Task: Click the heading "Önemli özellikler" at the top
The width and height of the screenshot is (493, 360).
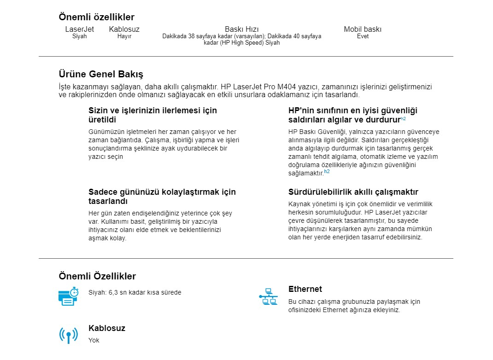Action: point(96,17)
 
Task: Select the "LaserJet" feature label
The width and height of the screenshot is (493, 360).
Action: point(79,29)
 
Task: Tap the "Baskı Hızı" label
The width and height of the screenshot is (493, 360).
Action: point(241,29)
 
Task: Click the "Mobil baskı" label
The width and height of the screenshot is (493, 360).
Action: point(363,29)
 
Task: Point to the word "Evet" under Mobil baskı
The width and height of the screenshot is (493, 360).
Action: point(363,36)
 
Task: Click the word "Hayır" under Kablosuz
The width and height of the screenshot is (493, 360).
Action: point(124,36)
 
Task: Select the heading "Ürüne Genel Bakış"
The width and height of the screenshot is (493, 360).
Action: point(101,74)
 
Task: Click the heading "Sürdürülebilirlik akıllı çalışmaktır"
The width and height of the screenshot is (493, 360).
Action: point(353,192)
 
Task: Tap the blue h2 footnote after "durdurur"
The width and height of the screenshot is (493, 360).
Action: point(403,119)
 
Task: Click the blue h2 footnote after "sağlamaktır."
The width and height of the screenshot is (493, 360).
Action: point(327,172)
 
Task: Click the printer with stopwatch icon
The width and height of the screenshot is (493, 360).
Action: point(68,296)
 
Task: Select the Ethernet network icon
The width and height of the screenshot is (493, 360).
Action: point(268,297)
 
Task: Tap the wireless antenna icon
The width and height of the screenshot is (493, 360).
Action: point(68,335)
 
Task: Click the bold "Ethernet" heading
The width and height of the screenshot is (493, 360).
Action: point(305,289)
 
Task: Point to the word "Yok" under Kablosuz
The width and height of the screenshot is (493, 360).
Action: point(94,340)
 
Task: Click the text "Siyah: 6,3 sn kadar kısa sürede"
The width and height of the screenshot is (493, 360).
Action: point(135,292)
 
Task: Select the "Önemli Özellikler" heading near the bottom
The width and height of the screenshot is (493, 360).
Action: point(97,276)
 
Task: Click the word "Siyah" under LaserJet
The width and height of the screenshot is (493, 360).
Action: point(79,36)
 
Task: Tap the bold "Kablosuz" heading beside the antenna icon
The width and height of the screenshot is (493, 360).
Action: point(106,328)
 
